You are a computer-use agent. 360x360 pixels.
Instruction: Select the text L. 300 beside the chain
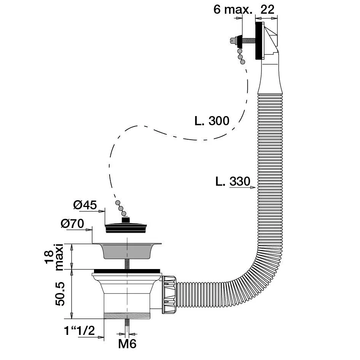(x=212, y=121)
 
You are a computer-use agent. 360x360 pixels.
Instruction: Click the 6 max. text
(x=233, y=10)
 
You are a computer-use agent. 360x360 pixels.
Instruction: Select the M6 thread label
(x=127, y=344)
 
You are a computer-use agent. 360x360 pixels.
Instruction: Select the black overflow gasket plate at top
(x=259, y=41)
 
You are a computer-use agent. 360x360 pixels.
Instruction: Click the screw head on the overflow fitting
(x=233, y=40)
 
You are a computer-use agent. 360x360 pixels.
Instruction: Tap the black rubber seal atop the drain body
(x=127, y=271)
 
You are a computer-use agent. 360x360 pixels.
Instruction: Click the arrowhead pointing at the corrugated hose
(x=253, y=187)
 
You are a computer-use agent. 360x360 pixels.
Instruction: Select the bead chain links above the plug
(x=120, y=207)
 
